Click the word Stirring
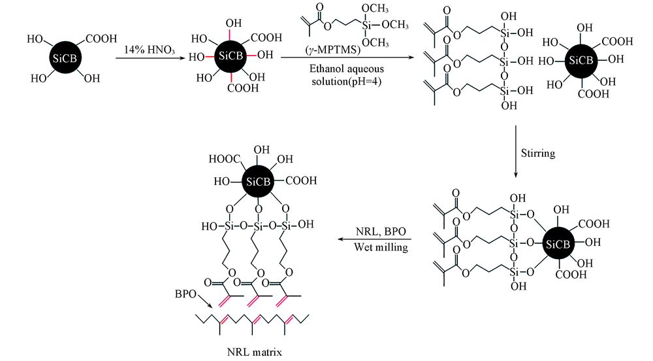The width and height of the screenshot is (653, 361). tap(539, 154)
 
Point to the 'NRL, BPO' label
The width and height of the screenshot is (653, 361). tap(373, 233)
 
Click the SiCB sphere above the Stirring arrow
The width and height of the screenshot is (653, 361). tap(580, 60)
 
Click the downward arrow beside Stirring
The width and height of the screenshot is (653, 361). tap(516, 154)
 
